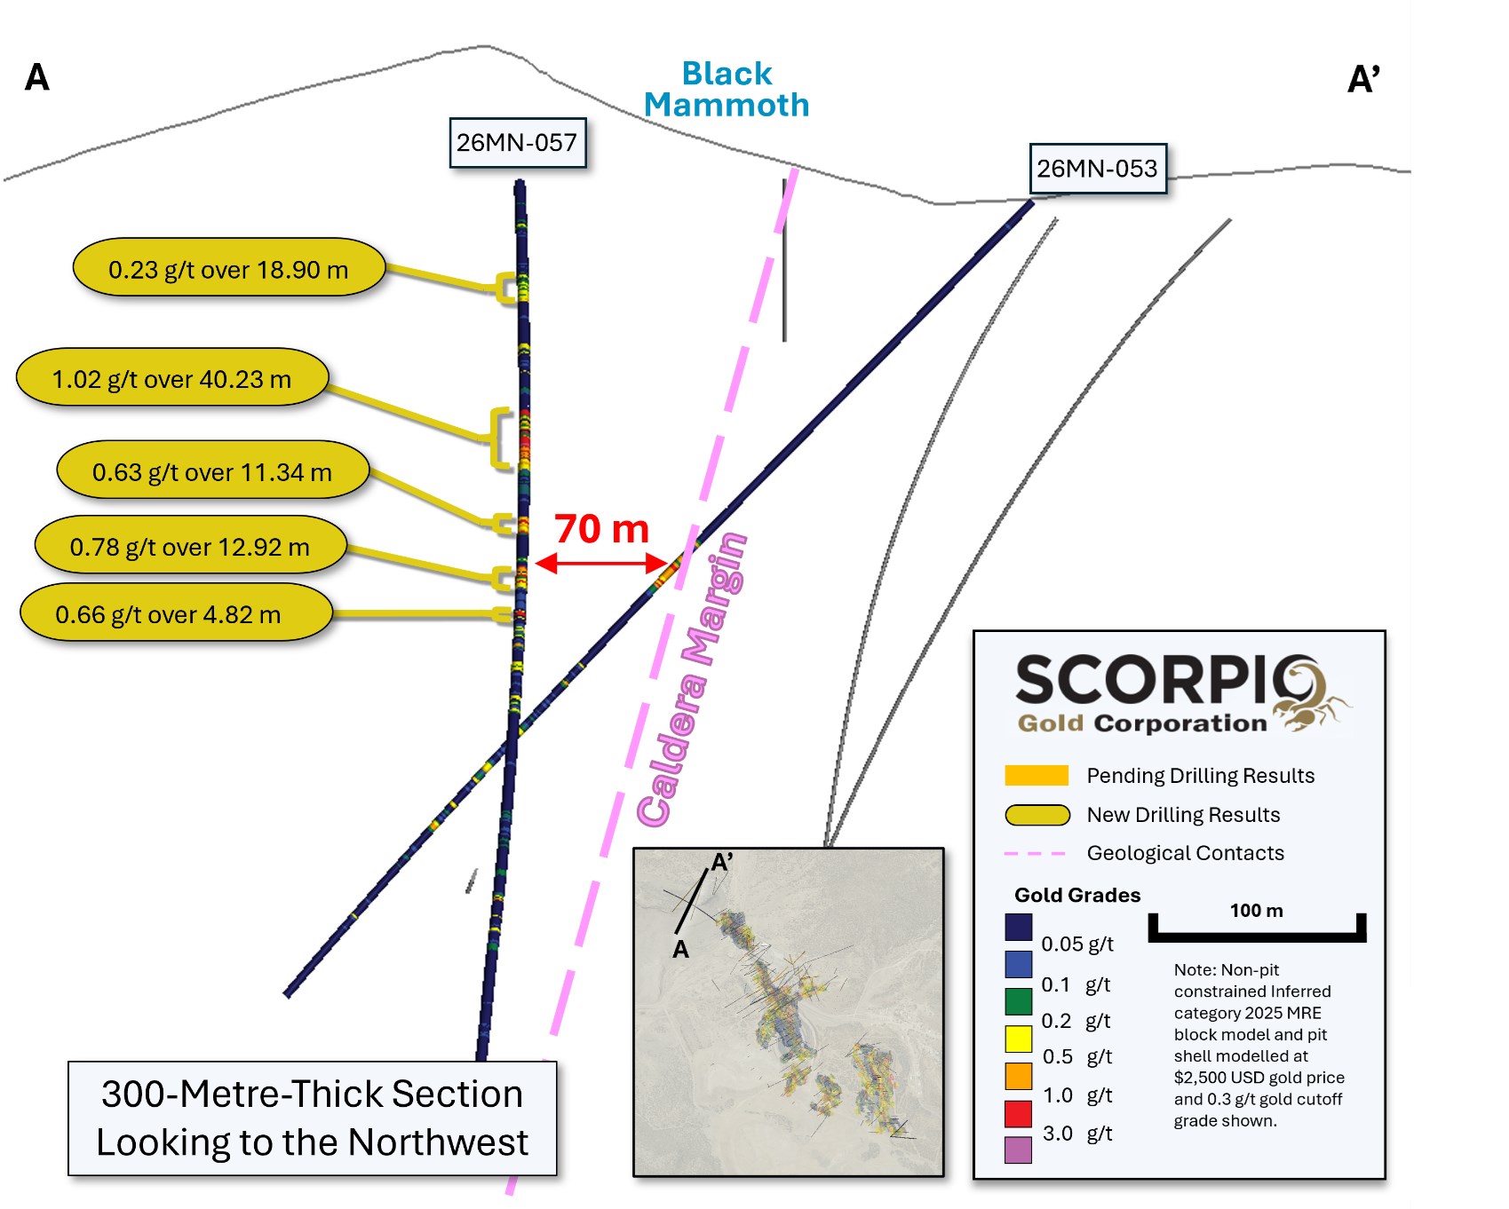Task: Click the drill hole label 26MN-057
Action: coord(517,143)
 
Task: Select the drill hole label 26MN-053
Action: coord(1097,169)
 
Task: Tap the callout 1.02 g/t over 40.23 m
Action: coord(172,379)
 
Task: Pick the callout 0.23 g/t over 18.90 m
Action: coord(228,269)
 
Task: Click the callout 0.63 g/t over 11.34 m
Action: coord(212,471)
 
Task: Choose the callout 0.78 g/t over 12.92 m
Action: coord(190,547)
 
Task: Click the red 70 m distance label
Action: coord(601,529)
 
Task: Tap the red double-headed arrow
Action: coord(601,563)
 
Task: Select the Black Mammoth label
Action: coord(727,89)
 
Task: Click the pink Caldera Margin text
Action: coord(693,679)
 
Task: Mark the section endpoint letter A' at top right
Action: coord(1362,79)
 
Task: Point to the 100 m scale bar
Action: coord(1256,932)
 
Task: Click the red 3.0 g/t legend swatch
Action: coord(1018,1113)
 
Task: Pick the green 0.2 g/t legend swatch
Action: coord(1018,1001)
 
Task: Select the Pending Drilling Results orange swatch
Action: coord(1036,776)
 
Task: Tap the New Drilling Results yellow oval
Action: coord(1036,815)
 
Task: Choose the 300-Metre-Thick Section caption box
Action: coord(313,1118)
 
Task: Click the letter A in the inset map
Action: coord(680,950)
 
